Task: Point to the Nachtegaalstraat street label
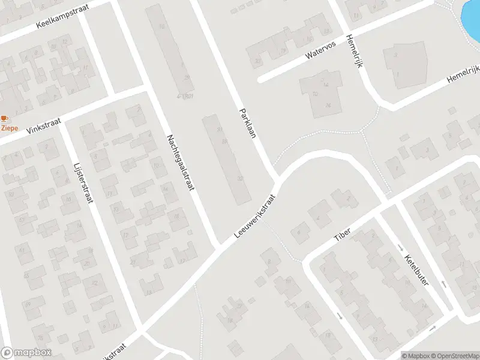pos(181,163)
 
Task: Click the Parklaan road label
pos(247,123)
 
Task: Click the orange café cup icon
pos(5,119)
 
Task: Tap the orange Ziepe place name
pos(9,128)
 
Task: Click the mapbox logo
pos(26,353)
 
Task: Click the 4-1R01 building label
pos(184,96)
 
